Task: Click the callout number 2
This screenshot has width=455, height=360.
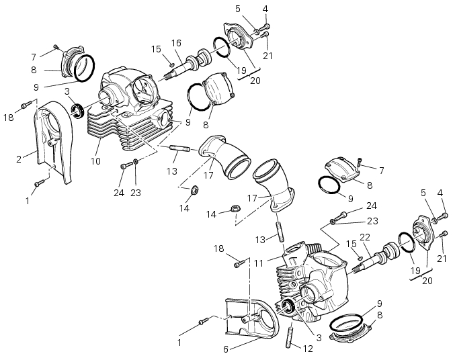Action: (x=19, y=159)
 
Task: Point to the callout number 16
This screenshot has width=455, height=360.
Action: (x=176, y=43)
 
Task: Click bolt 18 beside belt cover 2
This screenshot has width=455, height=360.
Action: (x=26, y=104)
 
